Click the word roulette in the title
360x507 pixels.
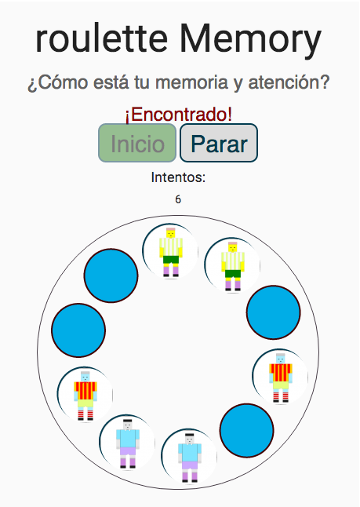tap(101, 38)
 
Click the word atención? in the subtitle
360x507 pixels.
tap(289, 82)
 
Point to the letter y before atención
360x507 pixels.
tap(238, 85)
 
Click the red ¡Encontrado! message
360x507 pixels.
tap(179, 115)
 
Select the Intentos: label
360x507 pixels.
tap(178, 177)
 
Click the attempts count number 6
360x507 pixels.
tap(178, 199)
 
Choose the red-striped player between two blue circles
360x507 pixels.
tap(281, 378)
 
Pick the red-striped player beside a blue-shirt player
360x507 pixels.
tap(85, 395)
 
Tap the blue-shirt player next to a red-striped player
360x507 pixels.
tap(128, 443)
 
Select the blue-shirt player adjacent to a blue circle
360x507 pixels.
tap(189, 458)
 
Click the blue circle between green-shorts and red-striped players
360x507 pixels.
tap(274, 312)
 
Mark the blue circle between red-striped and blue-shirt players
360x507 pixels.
tap(247, 431)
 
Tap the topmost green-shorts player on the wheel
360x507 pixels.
tap(170, 252)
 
